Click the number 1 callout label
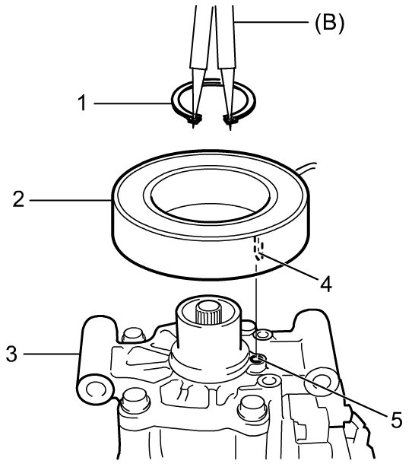(x=82, y=103)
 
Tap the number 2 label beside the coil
(x=18, y=199)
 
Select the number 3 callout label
(x=11, y=354)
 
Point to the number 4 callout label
(x=326, y=283)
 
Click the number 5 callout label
(x=396, y=420)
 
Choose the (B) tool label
(x=330, y=23)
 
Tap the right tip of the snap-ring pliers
(x=230, y=128)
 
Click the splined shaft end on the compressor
(x=207, y=313)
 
